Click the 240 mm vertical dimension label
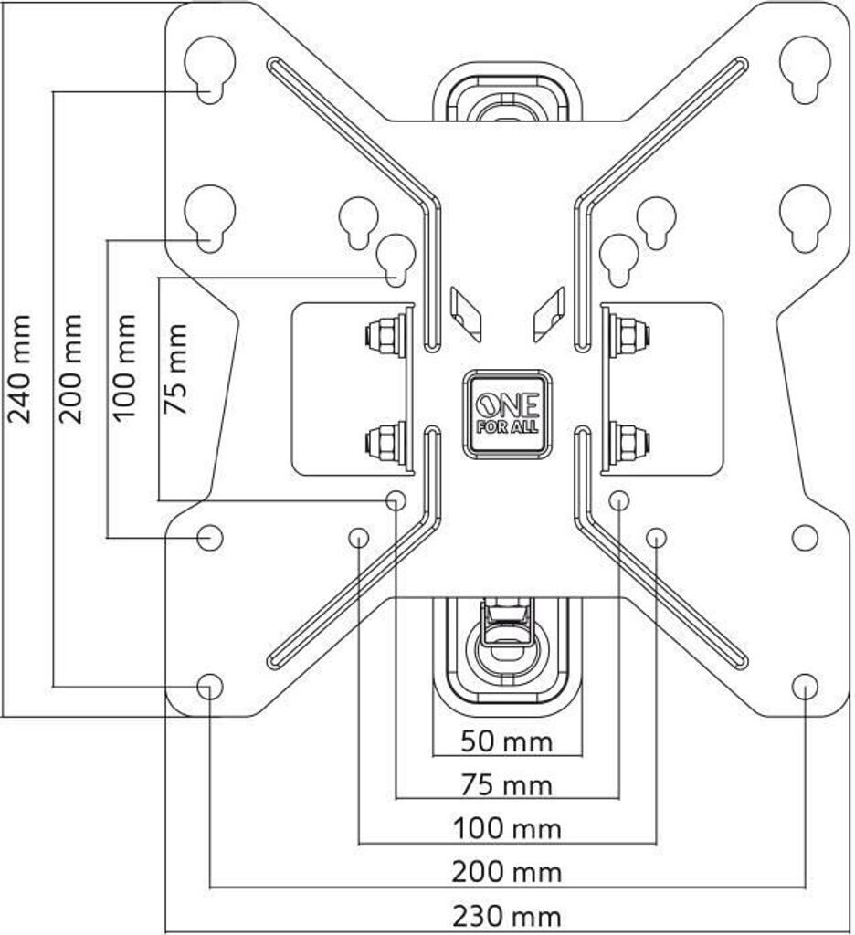click(x=20, y=369)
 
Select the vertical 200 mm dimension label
click(x=71, y=369)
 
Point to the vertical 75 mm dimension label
click(x=175, y=369)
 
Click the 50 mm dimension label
click(x=507, y=742)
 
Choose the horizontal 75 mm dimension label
click(x=507, y=785)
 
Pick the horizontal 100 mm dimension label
click(x=507, y=829)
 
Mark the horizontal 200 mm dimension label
click(x=507, y=872)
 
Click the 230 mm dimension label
click(x=507, y=916)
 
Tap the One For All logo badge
click(x=507, y=415)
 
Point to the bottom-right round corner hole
click(x=805, y=687)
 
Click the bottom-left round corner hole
click(x=210, y=687)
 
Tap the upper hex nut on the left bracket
click(x=382, y=337)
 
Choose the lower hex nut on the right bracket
click(x=631, y=443)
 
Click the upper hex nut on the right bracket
click(x=631, y=337)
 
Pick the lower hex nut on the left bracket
click(x=382, y=443)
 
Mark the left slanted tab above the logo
click(x=465, y=314)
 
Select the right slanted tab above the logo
click(x=549, y=314)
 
